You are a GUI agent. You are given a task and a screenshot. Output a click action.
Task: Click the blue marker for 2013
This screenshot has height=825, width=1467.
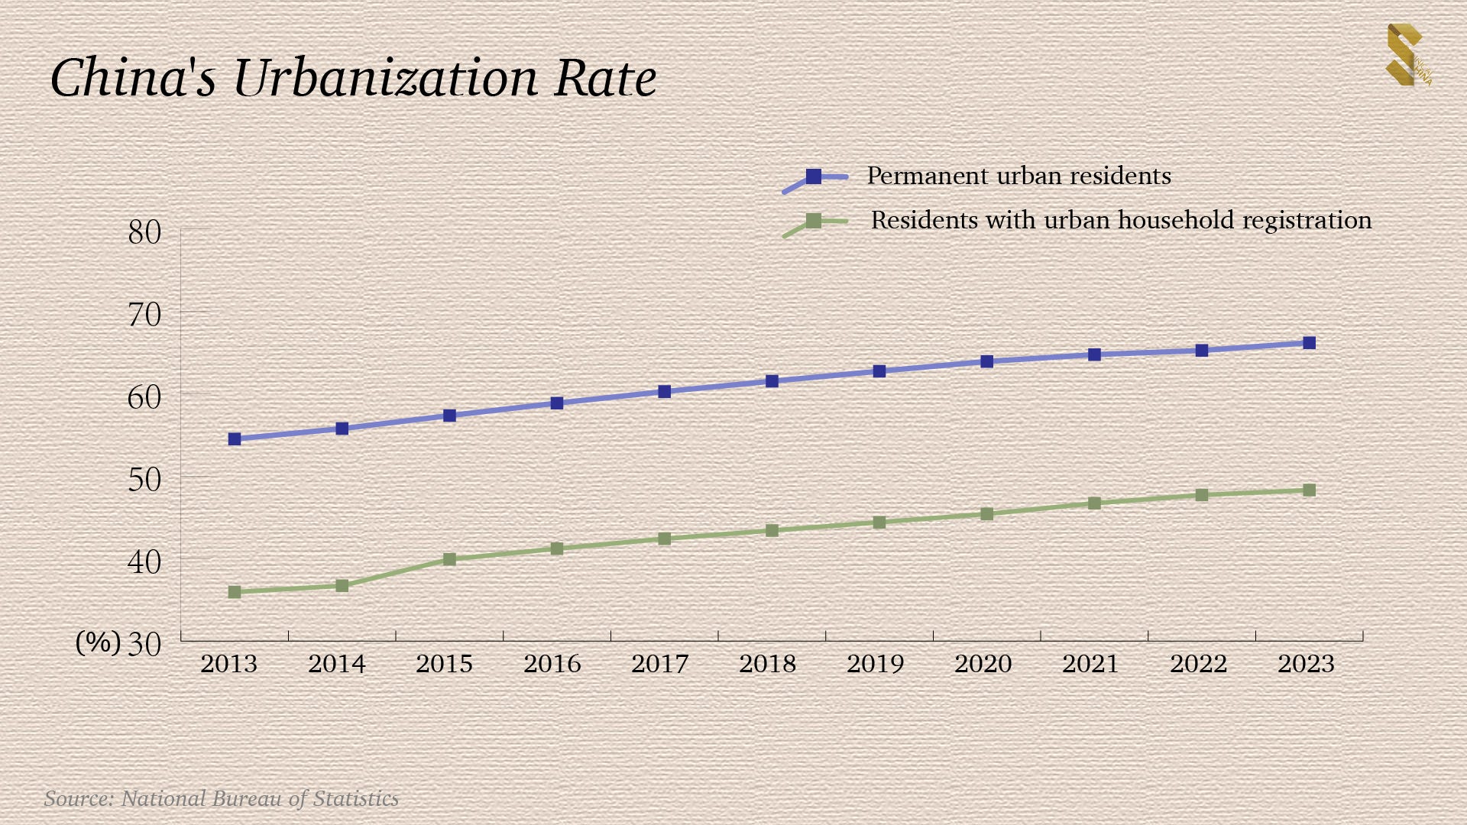(235, 439)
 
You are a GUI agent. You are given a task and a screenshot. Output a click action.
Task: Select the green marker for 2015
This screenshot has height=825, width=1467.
(449, 560)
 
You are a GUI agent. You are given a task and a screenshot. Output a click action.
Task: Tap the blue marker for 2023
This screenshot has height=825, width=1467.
(1309, 343)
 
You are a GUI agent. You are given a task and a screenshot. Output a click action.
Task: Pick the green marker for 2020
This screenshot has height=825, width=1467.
(986, 514)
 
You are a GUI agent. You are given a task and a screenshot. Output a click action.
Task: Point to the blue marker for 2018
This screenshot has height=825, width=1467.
(772, 381)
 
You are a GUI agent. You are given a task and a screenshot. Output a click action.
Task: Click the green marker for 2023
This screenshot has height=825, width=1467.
(1309, 490)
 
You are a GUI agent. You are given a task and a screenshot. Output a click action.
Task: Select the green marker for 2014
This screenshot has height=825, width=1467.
(342, 586)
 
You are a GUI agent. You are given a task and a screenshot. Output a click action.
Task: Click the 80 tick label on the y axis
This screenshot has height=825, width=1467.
(144, 232)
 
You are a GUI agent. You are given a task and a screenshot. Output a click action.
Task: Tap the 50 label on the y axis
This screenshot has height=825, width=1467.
(144, 480)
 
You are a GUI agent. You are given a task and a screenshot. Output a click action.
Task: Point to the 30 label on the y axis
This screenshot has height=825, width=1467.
(144, 644)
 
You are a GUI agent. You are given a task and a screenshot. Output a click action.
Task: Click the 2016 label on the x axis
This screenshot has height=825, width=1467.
(552, 664)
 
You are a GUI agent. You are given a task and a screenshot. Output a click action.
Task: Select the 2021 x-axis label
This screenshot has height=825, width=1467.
(1090, 664)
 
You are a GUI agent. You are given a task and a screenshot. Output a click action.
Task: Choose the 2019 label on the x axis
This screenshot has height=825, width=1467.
(875, 664)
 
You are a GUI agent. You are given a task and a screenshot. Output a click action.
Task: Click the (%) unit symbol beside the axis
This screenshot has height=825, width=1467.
(98, 642)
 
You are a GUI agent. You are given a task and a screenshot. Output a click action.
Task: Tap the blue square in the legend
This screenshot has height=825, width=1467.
(814, 176)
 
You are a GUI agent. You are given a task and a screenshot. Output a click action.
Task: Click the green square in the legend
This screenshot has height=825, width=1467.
(814, 221)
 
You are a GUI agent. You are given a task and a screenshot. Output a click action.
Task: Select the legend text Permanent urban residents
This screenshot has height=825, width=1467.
(1018, 176)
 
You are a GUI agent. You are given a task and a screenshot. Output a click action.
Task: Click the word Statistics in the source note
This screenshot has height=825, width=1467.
(355, 799)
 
